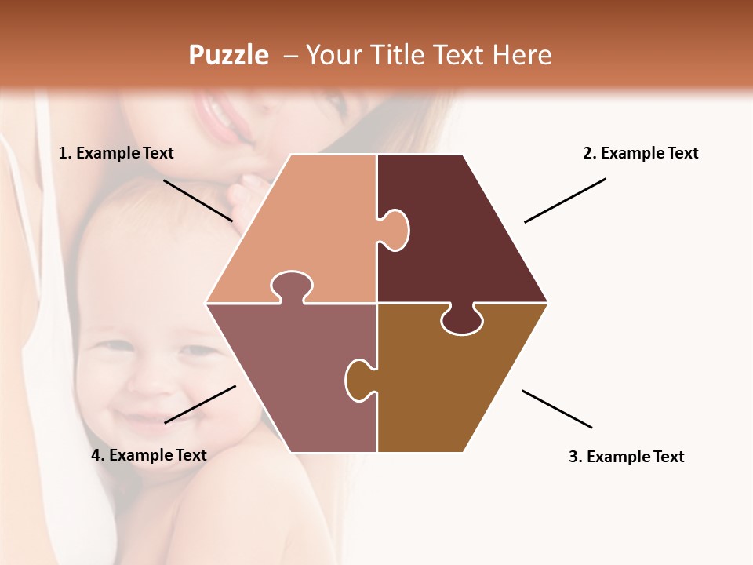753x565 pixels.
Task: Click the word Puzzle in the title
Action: [228, 55]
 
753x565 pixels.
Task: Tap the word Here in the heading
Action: [522, 55]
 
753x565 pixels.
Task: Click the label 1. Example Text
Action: [116, 153]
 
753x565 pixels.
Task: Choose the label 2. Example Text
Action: [640, 153]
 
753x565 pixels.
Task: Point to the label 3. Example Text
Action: [626, 457]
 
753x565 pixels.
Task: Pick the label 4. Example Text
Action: [149, 455]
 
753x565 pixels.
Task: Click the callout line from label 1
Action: [198, 200]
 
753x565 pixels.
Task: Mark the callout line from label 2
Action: [565, 200]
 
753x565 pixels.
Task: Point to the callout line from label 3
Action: [557, 409]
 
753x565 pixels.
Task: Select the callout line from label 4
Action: [200, 404]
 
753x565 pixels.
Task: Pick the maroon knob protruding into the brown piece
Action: [462, 321]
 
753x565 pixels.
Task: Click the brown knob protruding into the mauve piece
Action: [359, 379]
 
